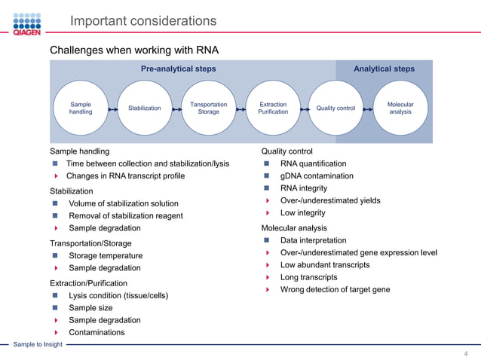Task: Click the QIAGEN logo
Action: tap(26, 23)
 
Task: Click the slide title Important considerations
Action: tap(142, 21)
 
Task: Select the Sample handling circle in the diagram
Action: tap(81, 108)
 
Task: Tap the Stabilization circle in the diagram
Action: tap(144, 108)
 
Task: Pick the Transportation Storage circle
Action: tap(208, 108)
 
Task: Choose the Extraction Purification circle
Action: tap(273, 108)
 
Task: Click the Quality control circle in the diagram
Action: tap(335, 108)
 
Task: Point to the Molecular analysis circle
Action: tap(400, 108)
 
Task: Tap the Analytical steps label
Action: tap(384, 69)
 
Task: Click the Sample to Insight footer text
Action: tap(38, 345)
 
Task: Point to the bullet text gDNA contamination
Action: tap(317, 176)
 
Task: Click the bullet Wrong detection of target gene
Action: tap(335, 289)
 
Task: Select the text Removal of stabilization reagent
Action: tap(125, 215)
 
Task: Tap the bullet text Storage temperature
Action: tap(106, 256)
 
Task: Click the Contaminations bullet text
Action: tap(97, 332)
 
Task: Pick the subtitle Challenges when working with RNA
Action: tap(134, 50)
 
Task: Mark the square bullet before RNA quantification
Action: tap(267, 164)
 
